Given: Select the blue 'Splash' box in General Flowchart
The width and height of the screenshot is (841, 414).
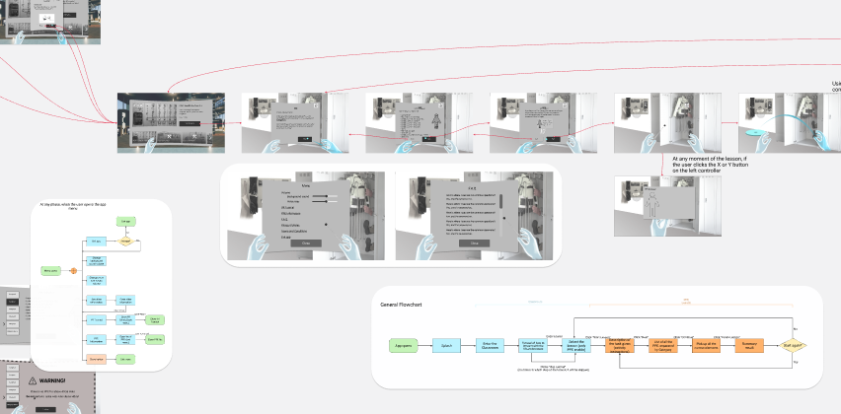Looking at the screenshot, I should click(446, 345).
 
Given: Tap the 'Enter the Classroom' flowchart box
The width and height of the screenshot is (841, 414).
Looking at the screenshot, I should click(490, 345).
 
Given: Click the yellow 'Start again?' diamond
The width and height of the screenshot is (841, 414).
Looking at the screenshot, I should click(794, 345).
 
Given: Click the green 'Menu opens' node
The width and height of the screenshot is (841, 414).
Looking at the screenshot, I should click(49, 269).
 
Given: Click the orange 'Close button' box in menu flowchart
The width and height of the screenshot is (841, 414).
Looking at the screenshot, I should click(97, 359).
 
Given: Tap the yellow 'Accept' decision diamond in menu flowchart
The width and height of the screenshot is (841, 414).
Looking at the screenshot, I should click(125, 241).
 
